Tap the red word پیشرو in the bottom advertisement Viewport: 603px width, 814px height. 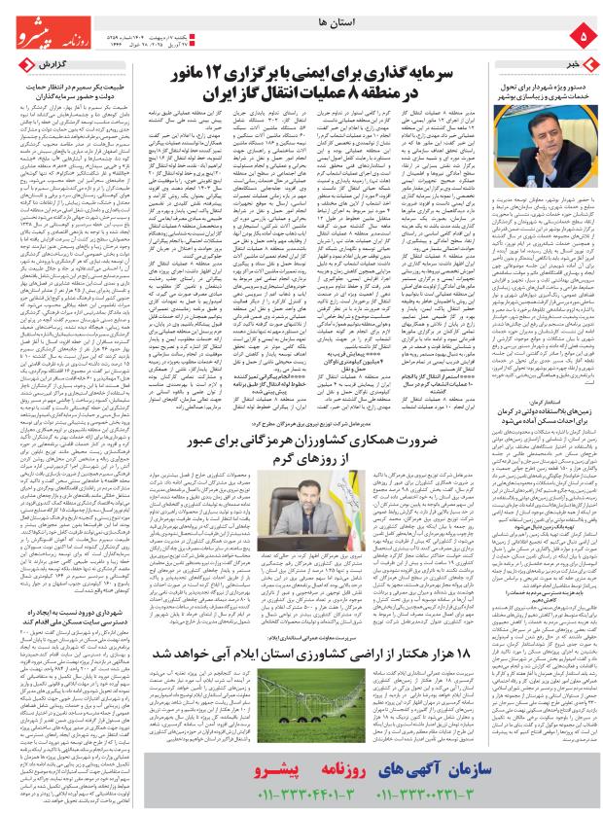pyautogui.click(x=274, y=771)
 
